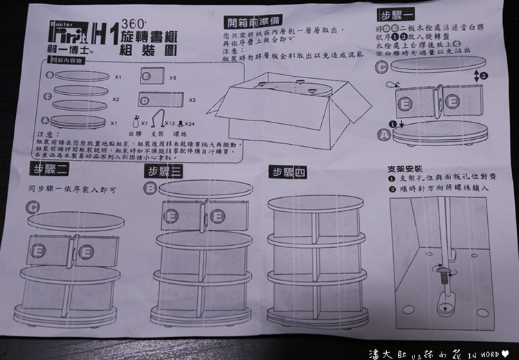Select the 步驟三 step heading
click(x=163, y=171)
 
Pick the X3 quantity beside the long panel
click(x=192, y=100)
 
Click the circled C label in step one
click(x=381, y=66)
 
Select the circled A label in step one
click(x=384, y=135)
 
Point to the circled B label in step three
click(x=150, y=188)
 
